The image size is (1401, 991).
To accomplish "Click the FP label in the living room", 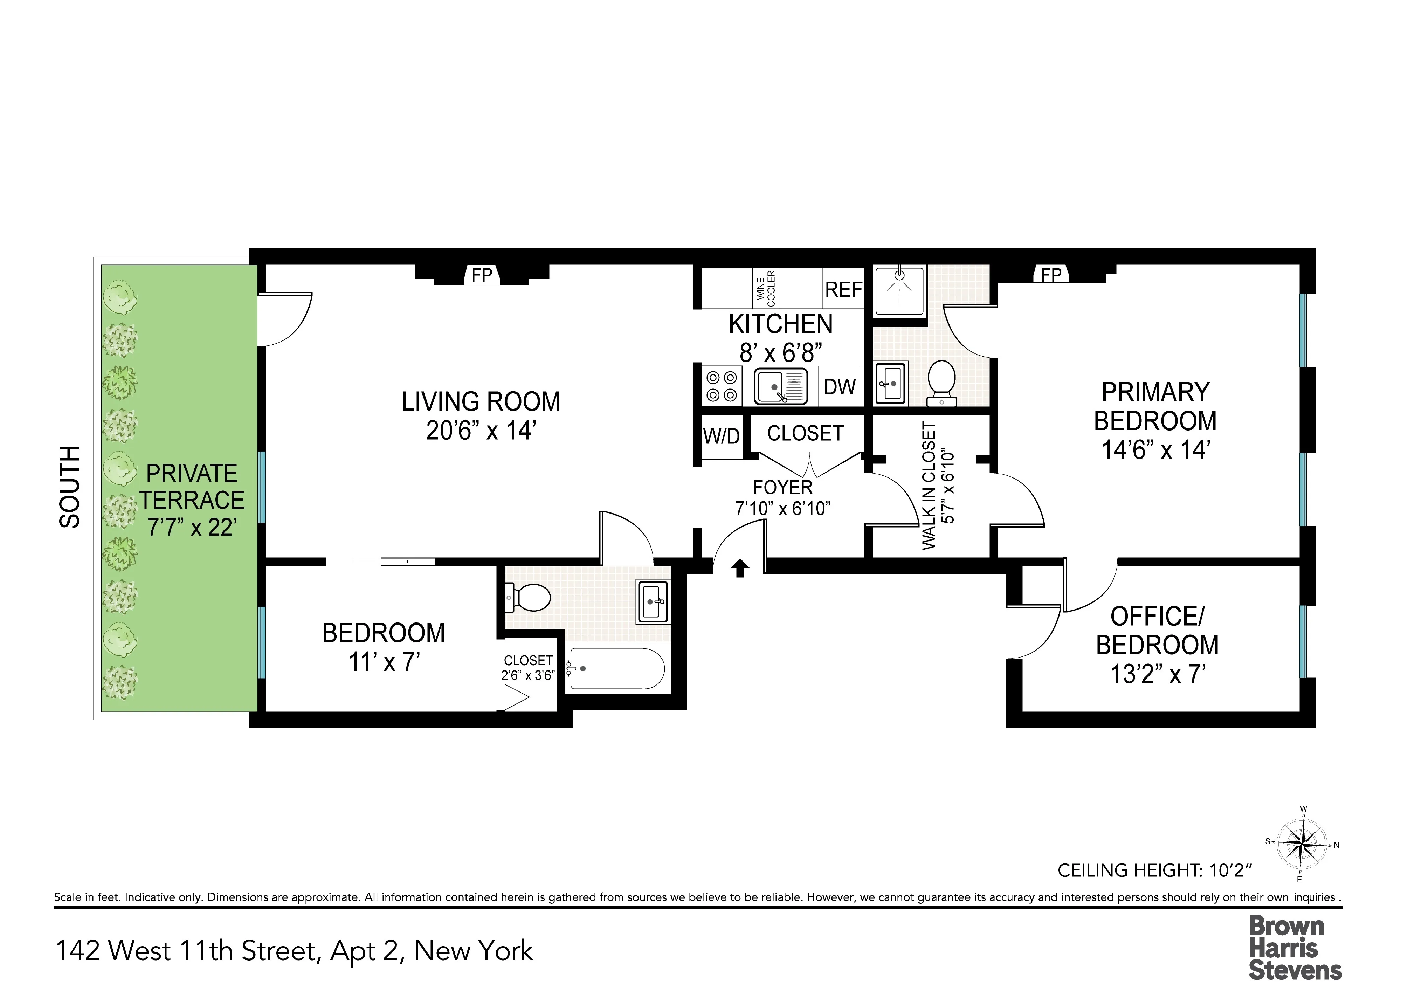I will click(x=482, y=275).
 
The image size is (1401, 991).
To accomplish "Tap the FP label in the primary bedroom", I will click(x=1051, y=275).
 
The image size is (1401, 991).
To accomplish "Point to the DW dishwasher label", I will click(x=840, y=387).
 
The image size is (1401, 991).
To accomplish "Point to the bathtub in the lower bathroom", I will click(x=616, y=669).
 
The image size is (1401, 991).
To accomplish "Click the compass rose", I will click(x=1302, y=845).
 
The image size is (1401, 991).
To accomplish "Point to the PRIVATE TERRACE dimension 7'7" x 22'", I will click(x=192, y=527).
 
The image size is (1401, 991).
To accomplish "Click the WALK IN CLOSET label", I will click(x=929, y=486).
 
